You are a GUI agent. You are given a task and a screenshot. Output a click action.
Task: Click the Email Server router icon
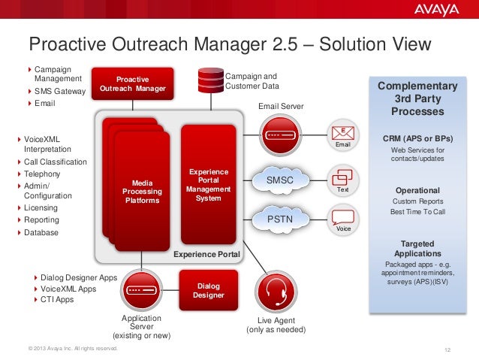(281, 135)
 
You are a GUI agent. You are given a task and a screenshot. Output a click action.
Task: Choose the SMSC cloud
(280, 180)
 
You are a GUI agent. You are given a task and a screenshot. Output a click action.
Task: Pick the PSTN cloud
(279, 219)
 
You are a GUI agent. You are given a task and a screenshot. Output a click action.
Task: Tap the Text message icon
(342, 178)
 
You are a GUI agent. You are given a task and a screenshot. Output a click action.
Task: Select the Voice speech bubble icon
(343, 218)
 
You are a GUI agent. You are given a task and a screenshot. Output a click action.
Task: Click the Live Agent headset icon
(275, 289)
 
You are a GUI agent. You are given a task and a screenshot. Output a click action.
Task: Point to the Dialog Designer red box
(209, 291)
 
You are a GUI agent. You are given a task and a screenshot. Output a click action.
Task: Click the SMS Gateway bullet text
(60, 92)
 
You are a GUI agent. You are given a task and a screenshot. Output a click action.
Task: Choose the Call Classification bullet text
(56, 162)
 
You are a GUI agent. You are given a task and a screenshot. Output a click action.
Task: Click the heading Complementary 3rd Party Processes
(417, 98)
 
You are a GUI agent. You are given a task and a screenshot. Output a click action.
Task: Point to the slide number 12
(448, 349)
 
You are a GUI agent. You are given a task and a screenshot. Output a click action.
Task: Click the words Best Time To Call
(417, 213)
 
